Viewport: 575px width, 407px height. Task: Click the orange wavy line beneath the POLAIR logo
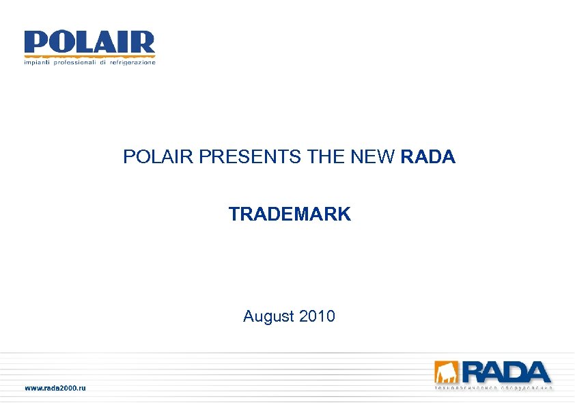tap(89, 56)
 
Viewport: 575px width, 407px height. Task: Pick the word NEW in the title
tap(374, 158)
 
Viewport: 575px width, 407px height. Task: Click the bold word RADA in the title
tap(428, 158)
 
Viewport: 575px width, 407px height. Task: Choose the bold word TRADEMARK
tap(290, 214)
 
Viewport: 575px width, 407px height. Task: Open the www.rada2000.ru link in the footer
tap(56, 388)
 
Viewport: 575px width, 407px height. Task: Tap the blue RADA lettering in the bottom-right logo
tap(506, 372)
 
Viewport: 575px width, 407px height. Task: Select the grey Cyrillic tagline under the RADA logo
tap(493, 388)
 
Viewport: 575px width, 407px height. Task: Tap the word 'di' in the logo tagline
tap(103, 63)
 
